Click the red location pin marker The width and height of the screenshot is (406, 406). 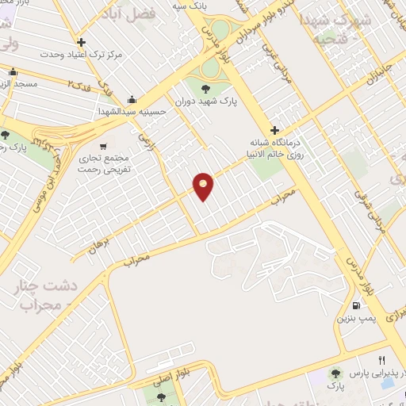coord(204,186)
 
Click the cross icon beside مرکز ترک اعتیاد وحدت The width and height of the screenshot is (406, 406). coord(81,43)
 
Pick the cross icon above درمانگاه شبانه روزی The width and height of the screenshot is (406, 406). coord(274,130)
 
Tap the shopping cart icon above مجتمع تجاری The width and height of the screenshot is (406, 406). coord(103,146)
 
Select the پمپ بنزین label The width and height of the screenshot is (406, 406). coord(356,320)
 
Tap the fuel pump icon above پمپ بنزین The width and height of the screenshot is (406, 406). coord(356,306)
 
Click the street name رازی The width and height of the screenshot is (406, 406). coord(147,143)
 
